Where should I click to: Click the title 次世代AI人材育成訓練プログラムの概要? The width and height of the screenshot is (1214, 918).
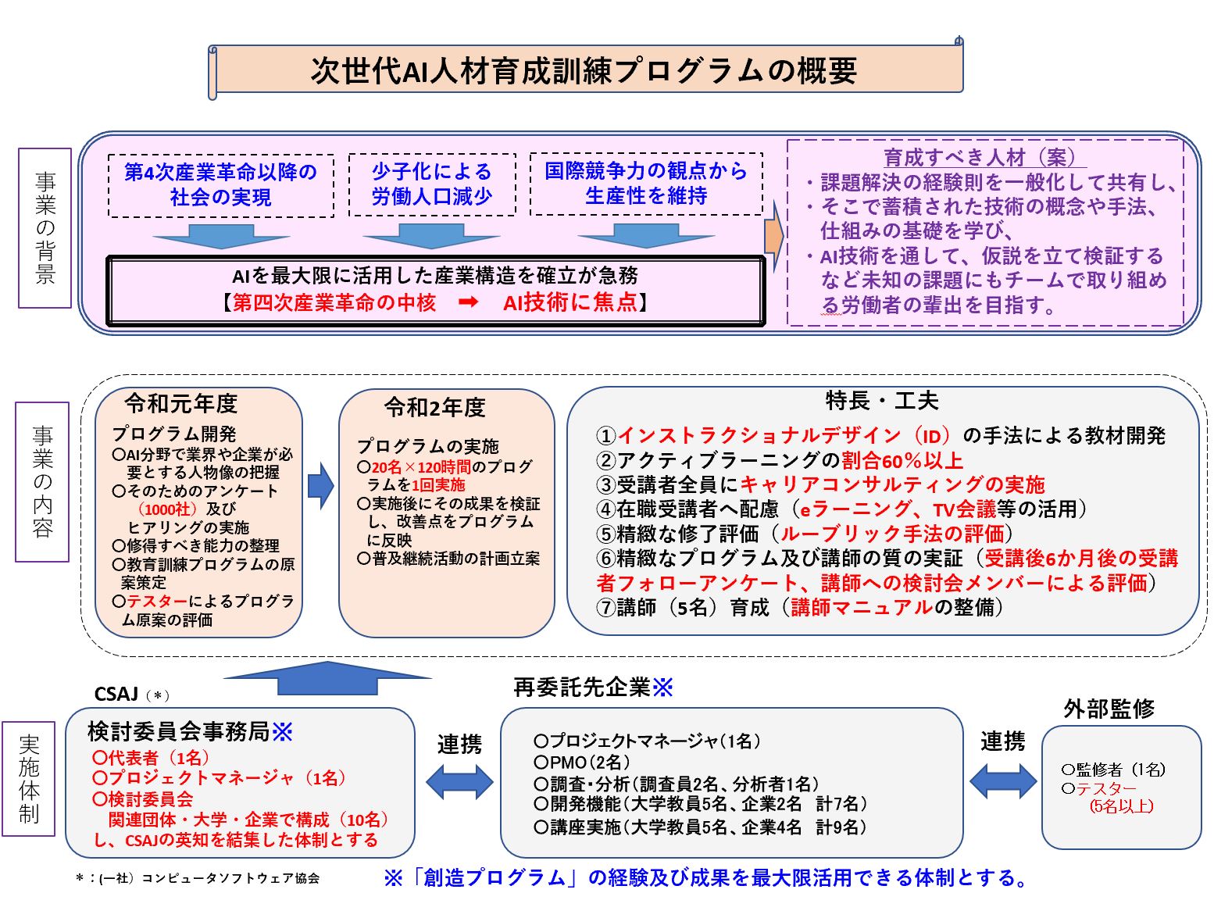[x=584, y=71]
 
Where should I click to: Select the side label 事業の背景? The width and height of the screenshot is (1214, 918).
[x=45, y=228]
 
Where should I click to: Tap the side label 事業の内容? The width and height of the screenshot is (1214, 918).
[x=43, y=482]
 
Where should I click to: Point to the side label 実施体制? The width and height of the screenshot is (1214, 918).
[x=29, y=779]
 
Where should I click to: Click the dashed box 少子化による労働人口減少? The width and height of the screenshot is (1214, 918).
[x=432, y=184]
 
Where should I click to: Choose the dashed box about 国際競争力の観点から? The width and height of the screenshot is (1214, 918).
[x=646, y=184]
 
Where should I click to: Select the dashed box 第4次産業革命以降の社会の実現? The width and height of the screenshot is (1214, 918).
[x=220, y=185]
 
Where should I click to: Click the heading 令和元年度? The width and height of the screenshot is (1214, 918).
[x=181, y=404]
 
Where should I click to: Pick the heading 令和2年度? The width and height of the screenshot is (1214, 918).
[x=434, y=408]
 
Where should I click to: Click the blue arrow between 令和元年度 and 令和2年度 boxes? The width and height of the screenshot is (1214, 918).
[x=321, y=486]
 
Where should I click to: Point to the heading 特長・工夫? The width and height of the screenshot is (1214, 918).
[x=882, y=400]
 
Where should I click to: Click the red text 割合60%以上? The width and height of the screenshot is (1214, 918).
[x=902, y=460]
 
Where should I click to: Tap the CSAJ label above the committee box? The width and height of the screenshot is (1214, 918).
[x=116, y=694]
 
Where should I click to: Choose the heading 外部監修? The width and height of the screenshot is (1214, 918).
[x=1109, y=709]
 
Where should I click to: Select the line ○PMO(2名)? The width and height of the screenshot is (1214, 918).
[x=582, y=763]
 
